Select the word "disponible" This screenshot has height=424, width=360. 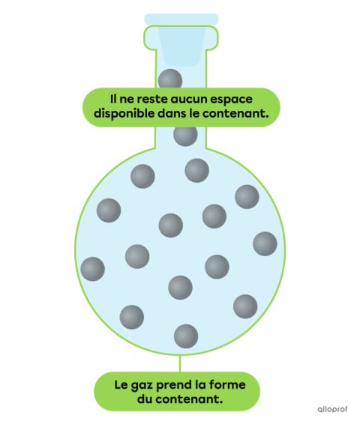pyautogui.click(x=124, y=114)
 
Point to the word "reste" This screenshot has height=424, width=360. pyautogui.click(x=151, y=99)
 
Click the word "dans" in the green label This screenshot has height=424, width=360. pyautogui.click(x=172, y=113)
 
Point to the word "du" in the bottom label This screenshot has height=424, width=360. pyautogui.click(x=145, y=399)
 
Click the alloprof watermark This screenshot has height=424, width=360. pyautogui.click(x=332, y=409)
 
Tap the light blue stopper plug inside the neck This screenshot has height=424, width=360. pyautogui.click(x=181, y=46)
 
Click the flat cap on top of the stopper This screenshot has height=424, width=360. pyautogui.click(x=181, y=19)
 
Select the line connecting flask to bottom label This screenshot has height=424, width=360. pyautogui.click(x=180, y=364)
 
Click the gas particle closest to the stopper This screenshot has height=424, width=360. pyautogui.click(x=170, y=79)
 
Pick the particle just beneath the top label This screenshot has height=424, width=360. pyautogui.click(x=185, y=135)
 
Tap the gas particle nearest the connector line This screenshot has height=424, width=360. pyautogui.click(x=186, y=336)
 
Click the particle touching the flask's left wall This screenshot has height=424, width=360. pyautogui.click(x=92, y=269)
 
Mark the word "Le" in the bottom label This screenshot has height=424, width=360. pyautogui.click(x=120, y=384)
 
